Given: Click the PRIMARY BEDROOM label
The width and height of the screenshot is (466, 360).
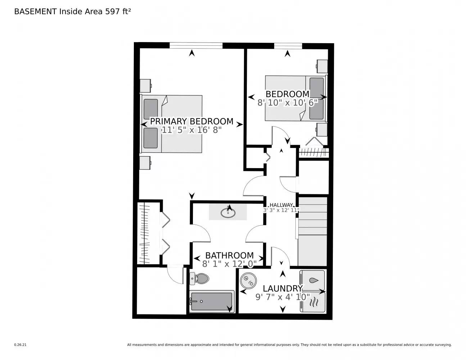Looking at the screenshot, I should click(x=191, y=121).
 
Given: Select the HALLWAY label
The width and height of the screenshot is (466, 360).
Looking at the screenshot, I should click(x=281, y=205).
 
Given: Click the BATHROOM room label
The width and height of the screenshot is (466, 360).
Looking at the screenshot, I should click(x=229, y=256).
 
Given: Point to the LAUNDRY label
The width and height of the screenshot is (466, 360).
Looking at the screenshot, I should click(x=282, y=288).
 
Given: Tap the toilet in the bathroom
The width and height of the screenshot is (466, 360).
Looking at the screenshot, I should click(x=200, y=278).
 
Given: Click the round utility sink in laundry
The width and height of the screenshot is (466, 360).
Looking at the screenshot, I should click(x=248, y=281).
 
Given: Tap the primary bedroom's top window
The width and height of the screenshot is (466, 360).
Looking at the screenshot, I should click(x=196, y=45).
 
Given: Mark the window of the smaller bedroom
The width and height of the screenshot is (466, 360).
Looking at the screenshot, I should click(x=288, y=45).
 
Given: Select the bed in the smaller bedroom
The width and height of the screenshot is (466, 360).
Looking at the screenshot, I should click(x=295, y=98).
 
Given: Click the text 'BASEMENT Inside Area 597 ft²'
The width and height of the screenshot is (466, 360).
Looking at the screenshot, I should click(x=72, y=12).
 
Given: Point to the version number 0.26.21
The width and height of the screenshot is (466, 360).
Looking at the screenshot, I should click(x=20, y=345).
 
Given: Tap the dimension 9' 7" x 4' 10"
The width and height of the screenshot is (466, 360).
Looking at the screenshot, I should click(x=282, y=297).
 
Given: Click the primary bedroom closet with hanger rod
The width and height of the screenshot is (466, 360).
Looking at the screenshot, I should click(x=144, y=233).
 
